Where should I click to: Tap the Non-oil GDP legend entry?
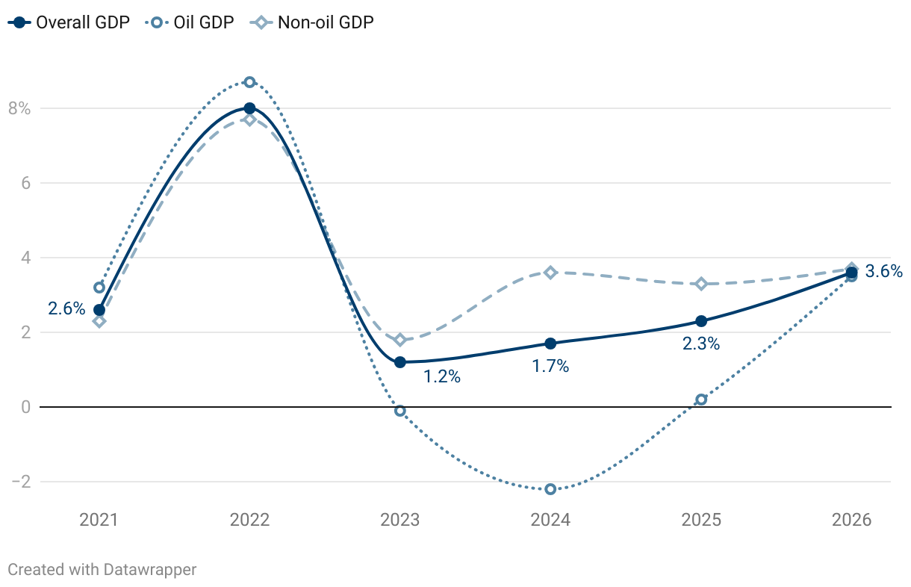313,22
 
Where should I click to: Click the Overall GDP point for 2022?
249,108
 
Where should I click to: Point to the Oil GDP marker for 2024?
550,489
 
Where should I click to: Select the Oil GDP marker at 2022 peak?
249,82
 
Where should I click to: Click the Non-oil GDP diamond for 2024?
550,273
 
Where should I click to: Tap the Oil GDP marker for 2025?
701,400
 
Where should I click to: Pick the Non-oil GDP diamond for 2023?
400,340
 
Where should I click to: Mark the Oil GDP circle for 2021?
99,288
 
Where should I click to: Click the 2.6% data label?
66,308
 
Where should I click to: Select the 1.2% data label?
442,377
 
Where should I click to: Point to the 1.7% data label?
550,367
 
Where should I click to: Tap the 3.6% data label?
884,272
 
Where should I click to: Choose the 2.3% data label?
701,344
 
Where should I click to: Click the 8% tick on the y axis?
19,109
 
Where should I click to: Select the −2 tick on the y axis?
20,482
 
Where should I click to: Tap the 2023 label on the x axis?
400,520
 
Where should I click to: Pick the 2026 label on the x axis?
852,520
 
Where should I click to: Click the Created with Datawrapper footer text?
102,570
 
